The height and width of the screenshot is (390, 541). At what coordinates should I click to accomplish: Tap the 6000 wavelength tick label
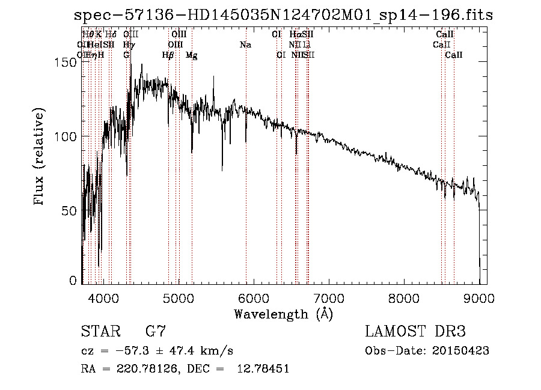click(x=254, y=297)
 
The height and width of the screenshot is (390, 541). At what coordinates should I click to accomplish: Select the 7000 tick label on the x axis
click(x=329, y=297)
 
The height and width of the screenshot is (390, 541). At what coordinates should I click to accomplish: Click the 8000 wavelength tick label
click(x=405, y=297)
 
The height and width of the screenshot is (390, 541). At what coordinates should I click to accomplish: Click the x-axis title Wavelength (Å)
click(x=283, y=314)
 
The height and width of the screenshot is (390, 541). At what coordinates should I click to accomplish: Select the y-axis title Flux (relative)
click(x=40, y=158)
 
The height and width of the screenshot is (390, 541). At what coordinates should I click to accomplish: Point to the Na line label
click(x=245, y=45)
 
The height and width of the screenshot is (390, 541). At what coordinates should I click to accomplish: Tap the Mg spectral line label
click(x=192, y=55)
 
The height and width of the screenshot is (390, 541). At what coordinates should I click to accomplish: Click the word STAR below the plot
click(x=100, y=332)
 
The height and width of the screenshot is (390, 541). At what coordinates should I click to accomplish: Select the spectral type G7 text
click(x=155, y=332)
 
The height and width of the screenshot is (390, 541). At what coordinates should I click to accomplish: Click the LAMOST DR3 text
click(x=415, y=332)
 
